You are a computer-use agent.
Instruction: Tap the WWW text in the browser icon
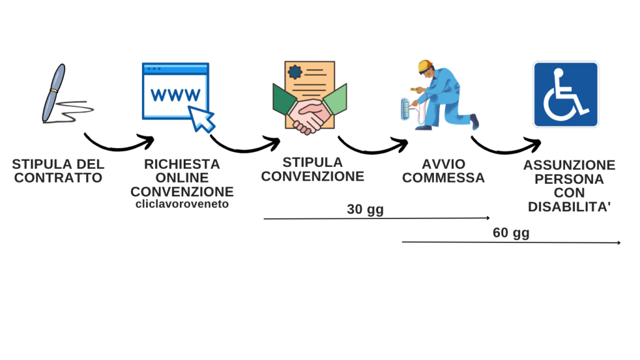(x=176, y=95)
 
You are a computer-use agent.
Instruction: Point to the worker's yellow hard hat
(x=425, y=65)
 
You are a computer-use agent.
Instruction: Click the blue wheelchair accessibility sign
(x=565, y=94)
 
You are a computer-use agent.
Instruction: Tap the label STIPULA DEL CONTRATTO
(x=58, y=171)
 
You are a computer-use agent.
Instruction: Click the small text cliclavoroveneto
(x=182, y=204)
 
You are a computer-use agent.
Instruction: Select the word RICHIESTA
(x=182, y=164)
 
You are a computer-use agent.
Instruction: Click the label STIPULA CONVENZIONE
(x=312, y=169)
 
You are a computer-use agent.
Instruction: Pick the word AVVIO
(x=443, y=164)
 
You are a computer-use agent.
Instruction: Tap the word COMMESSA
(x=443, y=178)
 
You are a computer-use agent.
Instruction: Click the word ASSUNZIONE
(x=569, y=166)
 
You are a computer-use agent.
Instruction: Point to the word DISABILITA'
(x=569, y=207)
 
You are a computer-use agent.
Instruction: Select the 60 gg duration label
(x=511, y=234)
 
